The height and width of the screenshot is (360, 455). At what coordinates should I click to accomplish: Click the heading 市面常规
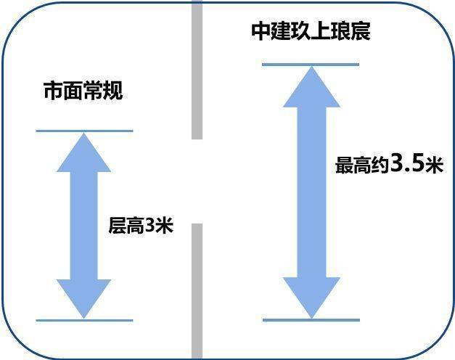tap(83, 91)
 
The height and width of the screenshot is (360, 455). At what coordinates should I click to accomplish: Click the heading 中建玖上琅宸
tap(311, 31)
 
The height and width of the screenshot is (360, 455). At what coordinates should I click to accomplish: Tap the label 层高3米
tap(141, 225)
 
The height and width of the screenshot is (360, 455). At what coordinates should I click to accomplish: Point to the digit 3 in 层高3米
tap(149, 225)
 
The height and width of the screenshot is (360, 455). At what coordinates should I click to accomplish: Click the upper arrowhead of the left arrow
tap(84, 152)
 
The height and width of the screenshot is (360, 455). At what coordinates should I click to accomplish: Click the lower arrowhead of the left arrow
tap(84, 299)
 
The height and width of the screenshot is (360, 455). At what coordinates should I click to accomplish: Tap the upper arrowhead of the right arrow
tap(311, 87)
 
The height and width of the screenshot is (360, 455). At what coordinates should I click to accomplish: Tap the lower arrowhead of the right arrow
tap(311, 298)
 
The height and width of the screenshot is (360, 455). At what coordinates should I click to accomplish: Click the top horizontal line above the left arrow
tap(84, 131)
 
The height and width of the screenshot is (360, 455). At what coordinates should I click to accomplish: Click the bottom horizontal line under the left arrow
tap(84, 321)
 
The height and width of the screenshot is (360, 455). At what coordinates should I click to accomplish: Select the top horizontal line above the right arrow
tap(311, 65)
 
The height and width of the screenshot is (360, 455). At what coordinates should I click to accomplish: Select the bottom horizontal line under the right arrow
tap(311, 320)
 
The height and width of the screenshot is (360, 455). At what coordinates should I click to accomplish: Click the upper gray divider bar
tap(197, 70)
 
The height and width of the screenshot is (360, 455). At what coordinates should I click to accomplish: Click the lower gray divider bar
tap(197, 292)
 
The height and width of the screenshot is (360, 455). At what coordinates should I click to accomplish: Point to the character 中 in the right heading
tap(261, 31)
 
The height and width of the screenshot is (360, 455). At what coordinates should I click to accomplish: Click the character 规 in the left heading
tap(113, 91)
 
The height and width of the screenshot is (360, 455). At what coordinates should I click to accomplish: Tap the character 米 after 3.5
tap(435, 165)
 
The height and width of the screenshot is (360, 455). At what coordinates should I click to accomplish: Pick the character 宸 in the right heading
tap(361, 31)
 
